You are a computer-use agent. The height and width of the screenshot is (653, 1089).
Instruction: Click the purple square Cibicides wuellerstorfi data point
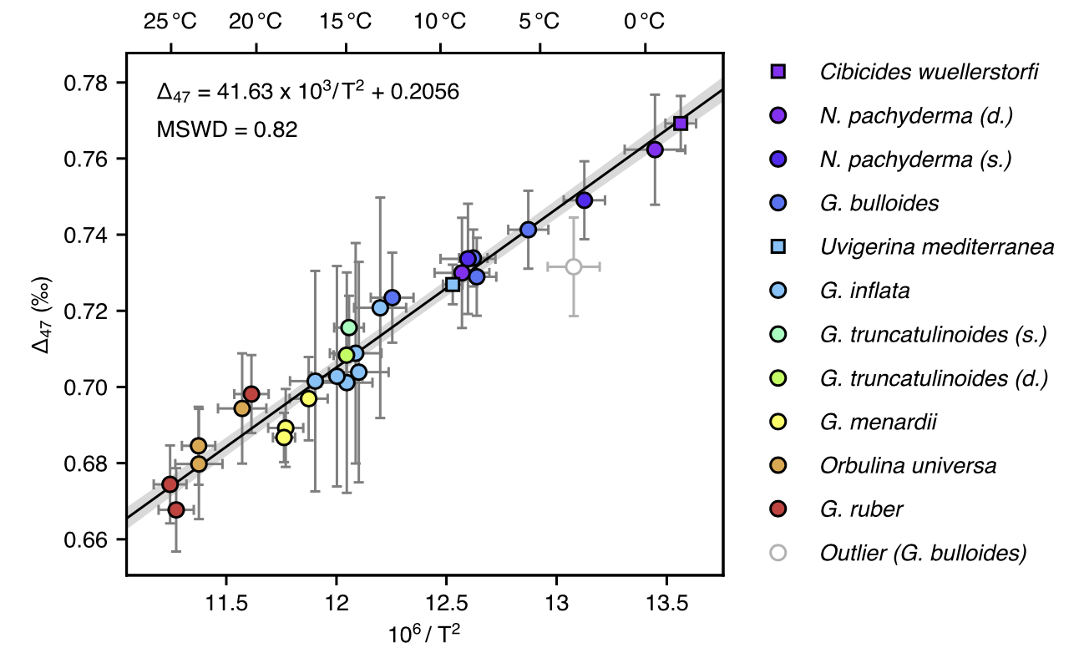(681, 124)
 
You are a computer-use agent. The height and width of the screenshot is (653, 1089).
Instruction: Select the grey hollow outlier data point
(574, 266)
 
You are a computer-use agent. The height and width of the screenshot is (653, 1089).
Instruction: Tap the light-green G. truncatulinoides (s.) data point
(349, 326)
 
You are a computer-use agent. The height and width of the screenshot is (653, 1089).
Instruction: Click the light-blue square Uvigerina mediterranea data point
(453, 284)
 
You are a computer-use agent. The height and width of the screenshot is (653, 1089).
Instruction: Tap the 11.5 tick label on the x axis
(225, 603)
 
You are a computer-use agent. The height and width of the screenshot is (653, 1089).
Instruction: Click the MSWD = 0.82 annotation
(227, 129)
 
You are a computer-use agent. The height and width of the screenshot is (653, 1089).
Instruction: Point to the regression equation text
(308, 92)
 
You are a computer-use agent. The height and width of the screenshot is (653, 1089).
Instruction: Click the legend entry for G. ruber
(861, 509)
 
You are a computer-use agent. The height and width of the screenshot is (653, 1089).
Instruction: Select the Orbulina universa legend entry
(908, 465)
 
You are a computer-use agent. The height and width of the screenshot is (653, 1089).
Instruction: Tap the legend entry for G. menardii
(878, 422)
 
